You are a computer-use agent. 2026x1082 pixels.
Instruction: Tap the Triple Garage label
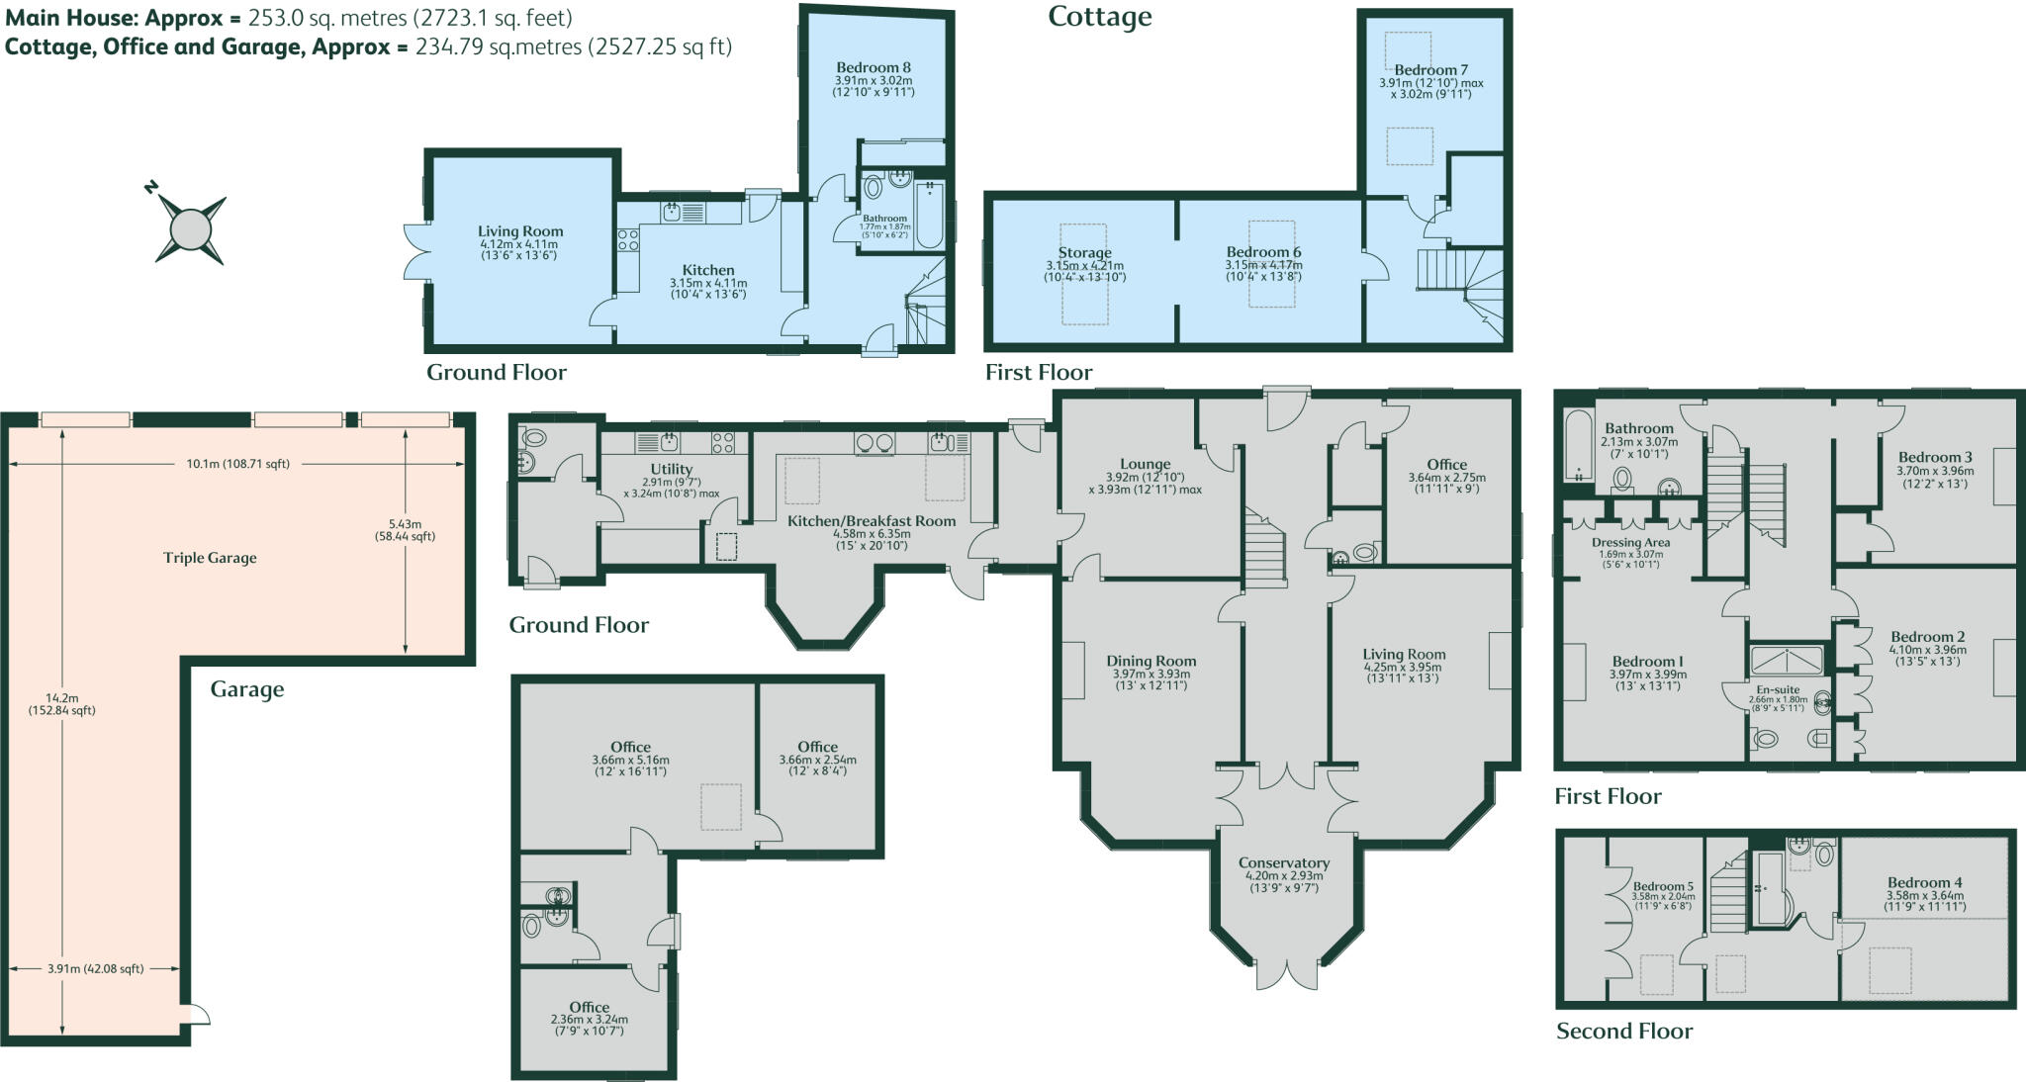[210, 558]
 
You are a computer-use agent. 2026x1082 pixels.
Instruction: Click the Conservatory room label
[1283, 863]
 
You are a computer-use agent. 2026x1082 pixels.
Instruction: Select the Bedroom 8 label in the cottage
[873, 67]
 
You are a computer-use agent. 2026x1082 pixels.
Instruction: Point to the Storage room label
[1084, 253]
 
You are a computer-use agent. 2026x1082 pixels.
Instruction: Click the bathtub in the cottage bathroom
[929, 215]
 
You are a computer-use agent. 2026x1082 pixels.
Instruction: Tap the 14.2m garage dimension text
[61, 703]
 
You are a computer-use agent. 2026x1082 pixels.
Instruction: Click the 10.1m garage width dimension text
[237, 463]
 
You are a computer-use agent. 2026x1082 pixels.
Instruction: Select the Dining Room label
[1151, 661]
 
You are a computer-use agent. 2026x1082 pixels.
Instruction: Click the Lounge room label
[1145, 464]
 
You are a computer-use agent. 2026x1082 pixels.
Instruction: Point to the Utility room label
[671, 469]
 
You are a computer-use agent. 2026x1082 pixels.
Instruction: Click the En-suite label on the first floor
[1778, 689]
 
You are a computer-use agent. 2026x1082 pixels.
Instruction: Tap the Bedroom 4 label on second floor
[1924, 882]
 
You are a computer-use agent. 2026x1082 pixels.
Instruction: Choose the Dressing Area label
[1630, 542]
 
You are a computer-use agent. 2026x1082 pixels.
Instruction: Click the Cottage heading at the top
[1099, 17]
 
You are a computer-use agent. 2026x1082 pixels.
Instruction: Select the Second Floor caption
[1623, 1031]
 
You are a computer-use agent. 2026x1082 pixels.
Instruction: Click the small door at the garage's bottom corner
[198, 1015]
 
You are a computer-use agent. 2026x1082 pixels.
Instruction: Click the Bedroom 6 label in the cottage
[1263, 252]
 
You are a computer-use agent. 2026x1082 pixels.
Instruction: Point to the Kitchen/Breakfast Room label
[871, 520]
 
